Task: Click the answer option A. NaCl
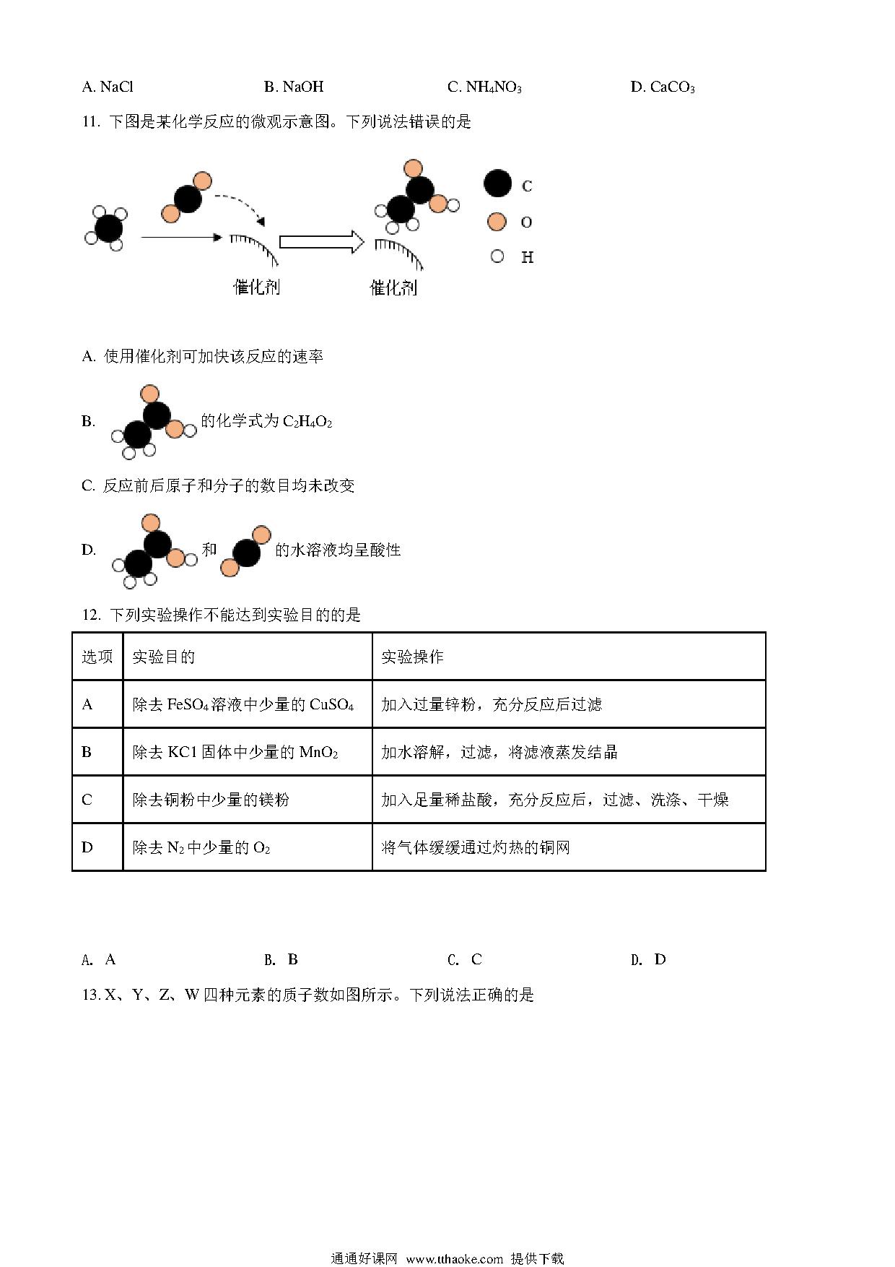pyautogui.click(x=108, y=87)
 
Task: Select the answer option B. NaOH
pyautogui.click(x=294, y=87)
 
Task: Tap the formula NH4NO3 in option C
pyautogui.click(x=494, y=87)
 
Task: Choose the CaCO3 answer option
pyautogui.click(x=672, y=87)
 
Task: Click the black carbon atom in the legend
pyautogui.click(x=497, y=184)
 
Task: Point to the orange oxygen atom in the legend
pyautogui.click(x=497, y=221)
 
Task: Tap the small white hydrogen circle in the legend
pyautogui.click(x=497, y=256)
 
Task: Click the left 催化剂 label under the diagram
pyautogui.click(x=256, y=287)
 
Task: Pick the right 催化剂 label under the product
pyautogui.click(x=393, y=287)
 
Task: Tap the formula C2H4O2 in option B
pyautogui.click(x=307, y=422)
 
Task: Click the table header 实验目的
pyautogui.click(x=164, y=657)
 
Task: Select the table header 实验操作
pyautogui.click(x=412, y=657)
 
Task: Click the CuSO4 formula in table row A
pyautogui.click(x=331, y=704)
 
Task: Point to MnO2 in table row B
pyautogui.click(x=318, y=753)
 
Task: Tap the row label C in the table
pyautogui.click(x=87, y=800)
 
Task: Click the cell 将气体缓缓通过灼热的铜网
pyautogui.click(x=476, y=847)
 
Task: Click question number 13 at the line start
pyautogui.click(x=91, y=995)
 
